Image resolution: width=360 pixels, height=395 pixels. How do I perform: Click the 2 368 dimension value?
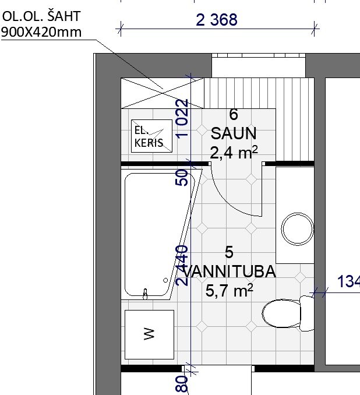216,20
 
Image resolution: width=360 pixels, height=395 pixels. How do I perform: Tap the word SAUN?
234,133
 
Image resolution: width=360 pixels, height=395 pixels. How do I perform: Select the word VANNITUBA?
229,271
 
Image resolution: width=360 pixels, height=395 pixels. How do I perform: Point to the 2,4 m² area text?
234,153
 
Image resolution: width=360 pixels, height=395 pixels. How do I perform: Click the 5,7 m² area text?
230,291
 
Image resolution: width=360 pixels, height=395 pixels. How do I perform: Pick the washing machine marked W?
149,334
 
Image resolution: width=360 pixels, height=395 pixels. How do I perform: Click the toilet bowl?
282,313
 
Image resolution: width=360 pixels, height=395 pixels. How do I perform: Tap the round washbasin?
297,229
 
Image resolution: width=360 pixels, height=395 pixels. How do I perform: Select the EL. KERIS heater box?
151,136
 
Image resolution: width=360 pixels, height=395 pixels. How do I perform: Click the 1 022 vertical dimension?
182,119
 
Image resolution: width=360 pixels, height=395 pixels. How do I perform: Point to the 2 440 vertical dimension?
182,266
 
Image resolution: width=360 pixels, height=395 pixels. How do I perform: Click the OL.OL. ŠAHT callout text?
41,16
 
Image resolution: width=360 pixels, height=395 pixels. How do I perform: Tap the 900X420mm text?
41,32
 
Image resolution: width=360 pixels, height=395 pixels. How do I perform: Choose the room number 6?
234,114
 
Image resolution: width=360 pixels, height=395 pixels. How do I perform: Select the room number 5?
229,252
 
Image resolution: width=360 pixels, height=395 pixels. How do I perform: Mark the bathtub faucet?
145,294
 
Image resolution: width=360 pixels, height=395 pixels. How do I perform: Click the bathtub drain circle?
165,280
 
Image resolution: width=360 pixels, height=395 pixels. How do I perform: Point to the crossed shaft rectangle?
163,93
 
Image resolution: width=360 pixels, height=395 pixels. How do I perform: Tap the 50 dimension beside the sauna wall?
182,178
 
